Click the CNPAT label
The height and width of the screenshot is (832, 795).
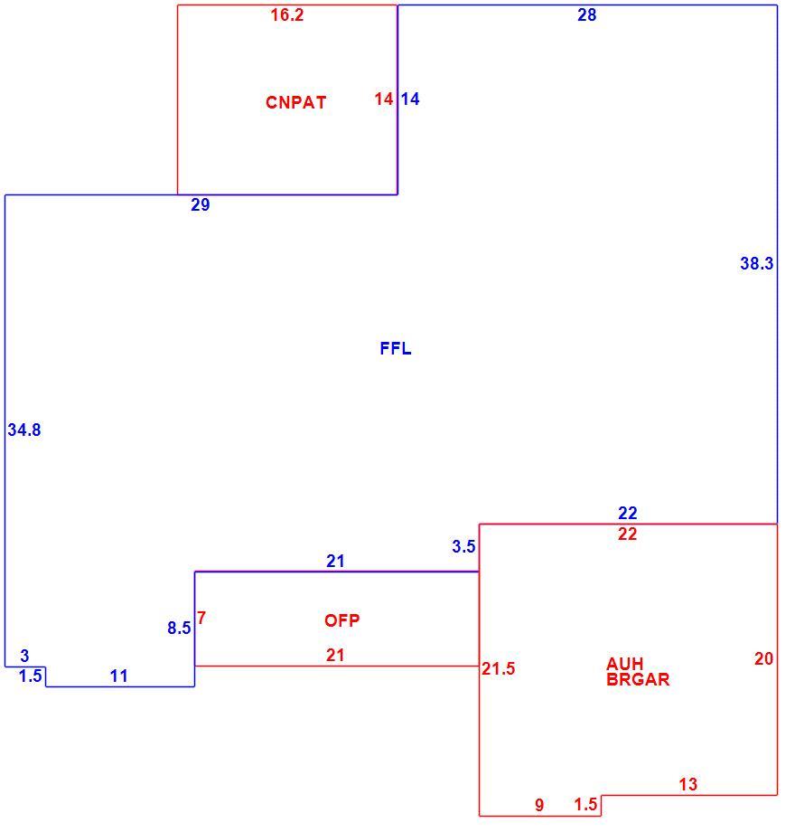(295, 102)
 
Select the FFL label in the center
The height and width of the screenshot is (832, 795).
(396, 348)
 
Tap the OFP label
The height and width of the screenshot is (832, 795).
(341, 619)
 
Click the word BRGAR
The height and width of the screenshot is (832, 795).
(638, 679)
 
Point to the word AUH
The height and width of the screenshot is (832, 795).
(625, 664)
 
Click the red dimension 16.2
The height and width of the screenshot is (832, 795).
(287, 14)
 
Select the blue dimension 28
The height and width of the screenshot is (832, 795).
(586, 14)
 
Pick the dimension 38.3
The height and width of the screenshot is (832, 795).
(756, 263)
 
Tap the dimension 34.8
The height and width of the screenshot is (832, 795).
(23, 430)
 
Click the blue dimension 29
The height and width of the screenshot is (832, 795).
(201, 204)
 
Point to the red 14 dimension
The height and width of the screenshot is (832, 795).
(384, 99)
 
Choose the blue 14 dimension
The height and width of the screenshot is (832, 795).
(409, 99)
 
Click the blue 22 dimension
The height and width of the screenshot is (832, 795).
(628, 513)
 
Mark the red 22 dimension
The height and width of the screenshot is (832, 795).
(628, 534)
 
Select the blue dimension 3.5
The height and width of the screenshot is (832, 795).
(463, 546)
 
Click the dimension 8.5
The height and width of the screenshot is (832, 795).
(179, 629)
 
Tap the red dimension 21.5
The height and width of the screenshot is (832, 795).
(498, 668)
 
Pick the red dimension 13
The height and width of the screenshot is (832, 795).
(687, 784)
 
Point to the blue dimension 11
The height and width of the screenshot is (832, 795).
(118, 676)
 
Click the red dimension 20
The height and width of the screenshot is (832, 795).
(763, 658)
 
